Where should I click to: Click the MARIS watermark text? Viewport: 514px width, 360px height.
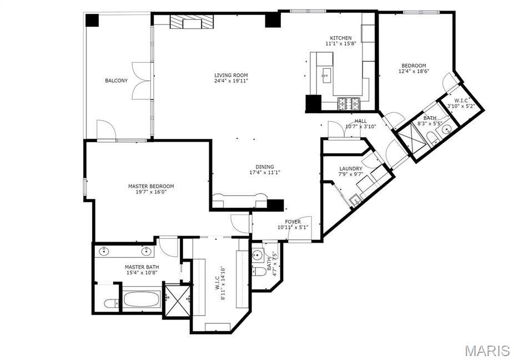click(x=487, y=351)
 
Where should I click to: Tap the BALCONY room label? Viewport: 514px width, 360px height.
click(x=116, y=81)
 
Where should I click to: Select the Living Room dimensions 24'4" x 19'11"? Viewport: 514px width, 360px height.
click(x=231, y=81)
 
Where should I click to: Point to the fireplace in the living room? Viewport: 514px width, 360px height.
click(x=191, y=22)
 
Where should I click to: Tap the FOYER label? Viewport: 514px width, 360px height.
click(x=293, y=222)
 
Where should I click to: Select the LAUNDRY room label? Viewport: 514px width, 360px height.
click(x=351, y=168)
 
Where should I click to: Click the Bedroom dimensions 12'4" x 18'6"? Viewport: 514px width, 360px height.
click(x=414, y=71)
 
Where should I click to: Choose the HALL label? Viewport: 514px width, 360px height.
click(x=361, y=121)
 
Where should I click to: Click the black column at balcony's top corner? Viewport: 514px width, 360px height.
click(x=92, y=21)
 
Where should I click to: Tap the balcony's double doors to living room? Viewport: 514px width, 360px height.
click(x=142, y=82)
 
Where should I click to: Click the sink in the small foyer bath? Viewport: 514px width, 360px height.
click(x=258, y=256)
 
